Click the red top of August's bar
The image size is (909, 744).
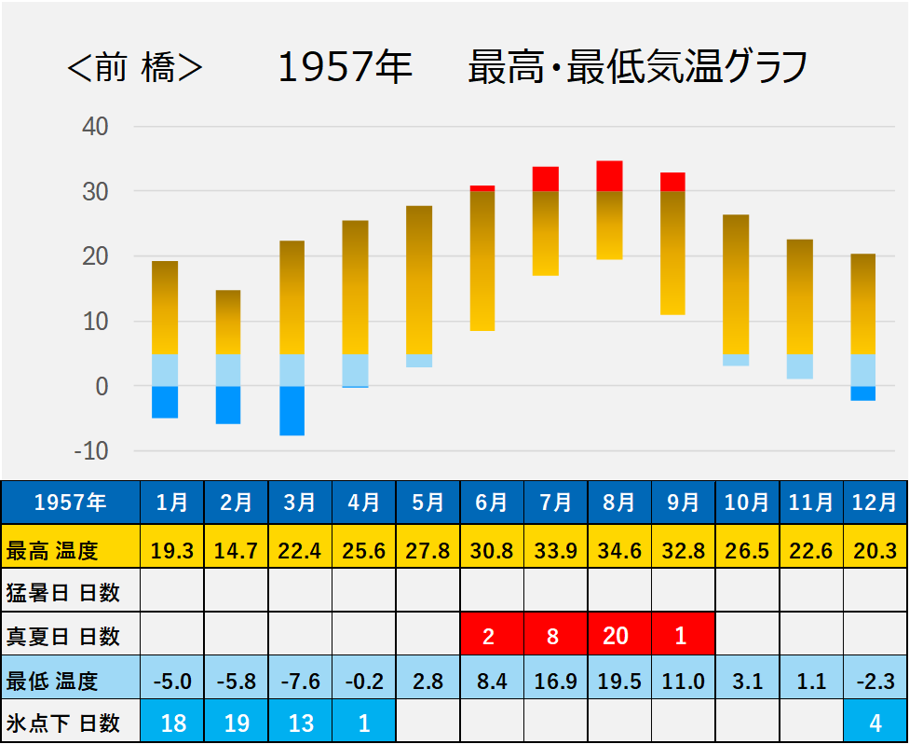pyautogui.click(x=609, y=175)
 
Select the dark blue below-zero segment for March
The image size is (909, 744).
pyautogui.click(x=292, y=410)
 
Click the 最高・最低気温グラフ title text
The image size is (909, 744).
pyautogui.click(x=637, y=69)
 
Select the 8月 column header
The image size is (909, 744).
pyautogui.click(x=618, y=503)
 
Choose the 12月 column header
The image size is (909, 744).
pyautogui.click(x=875, y=503)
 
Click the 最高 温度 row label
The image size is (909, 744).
pyautogui.click(x=52, y=550)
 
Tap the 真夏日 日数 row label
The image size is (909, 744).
pyautogui.click(x=63, y=636)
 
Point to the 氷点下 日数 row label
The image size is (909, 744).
pyautogui.click(x=63, y=723)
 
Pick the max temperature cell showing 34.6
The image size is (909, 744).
pyautogui.click(x=618, y=550)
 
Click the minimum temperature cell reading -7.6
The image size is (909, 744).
pyautogui.click(x=300, y=681)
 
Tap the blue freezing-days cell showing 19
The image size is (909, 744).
pyautogui.click(x=236, y=723)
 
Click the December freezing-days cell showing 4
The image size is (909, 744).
pyautogui.click(x=875, y=723)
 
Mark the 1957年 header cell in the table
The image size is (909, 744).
pyautogui.click(x=70, y=503)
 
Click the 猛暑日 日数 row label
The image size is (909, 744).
pyautogui.click(x=63, y=592)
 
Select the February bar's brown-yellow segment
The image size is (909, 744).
pyautogui.click(x=228, y=322)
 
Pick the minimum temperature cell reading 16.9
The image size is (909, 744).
pyautogui.click(x=555, y=681)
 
